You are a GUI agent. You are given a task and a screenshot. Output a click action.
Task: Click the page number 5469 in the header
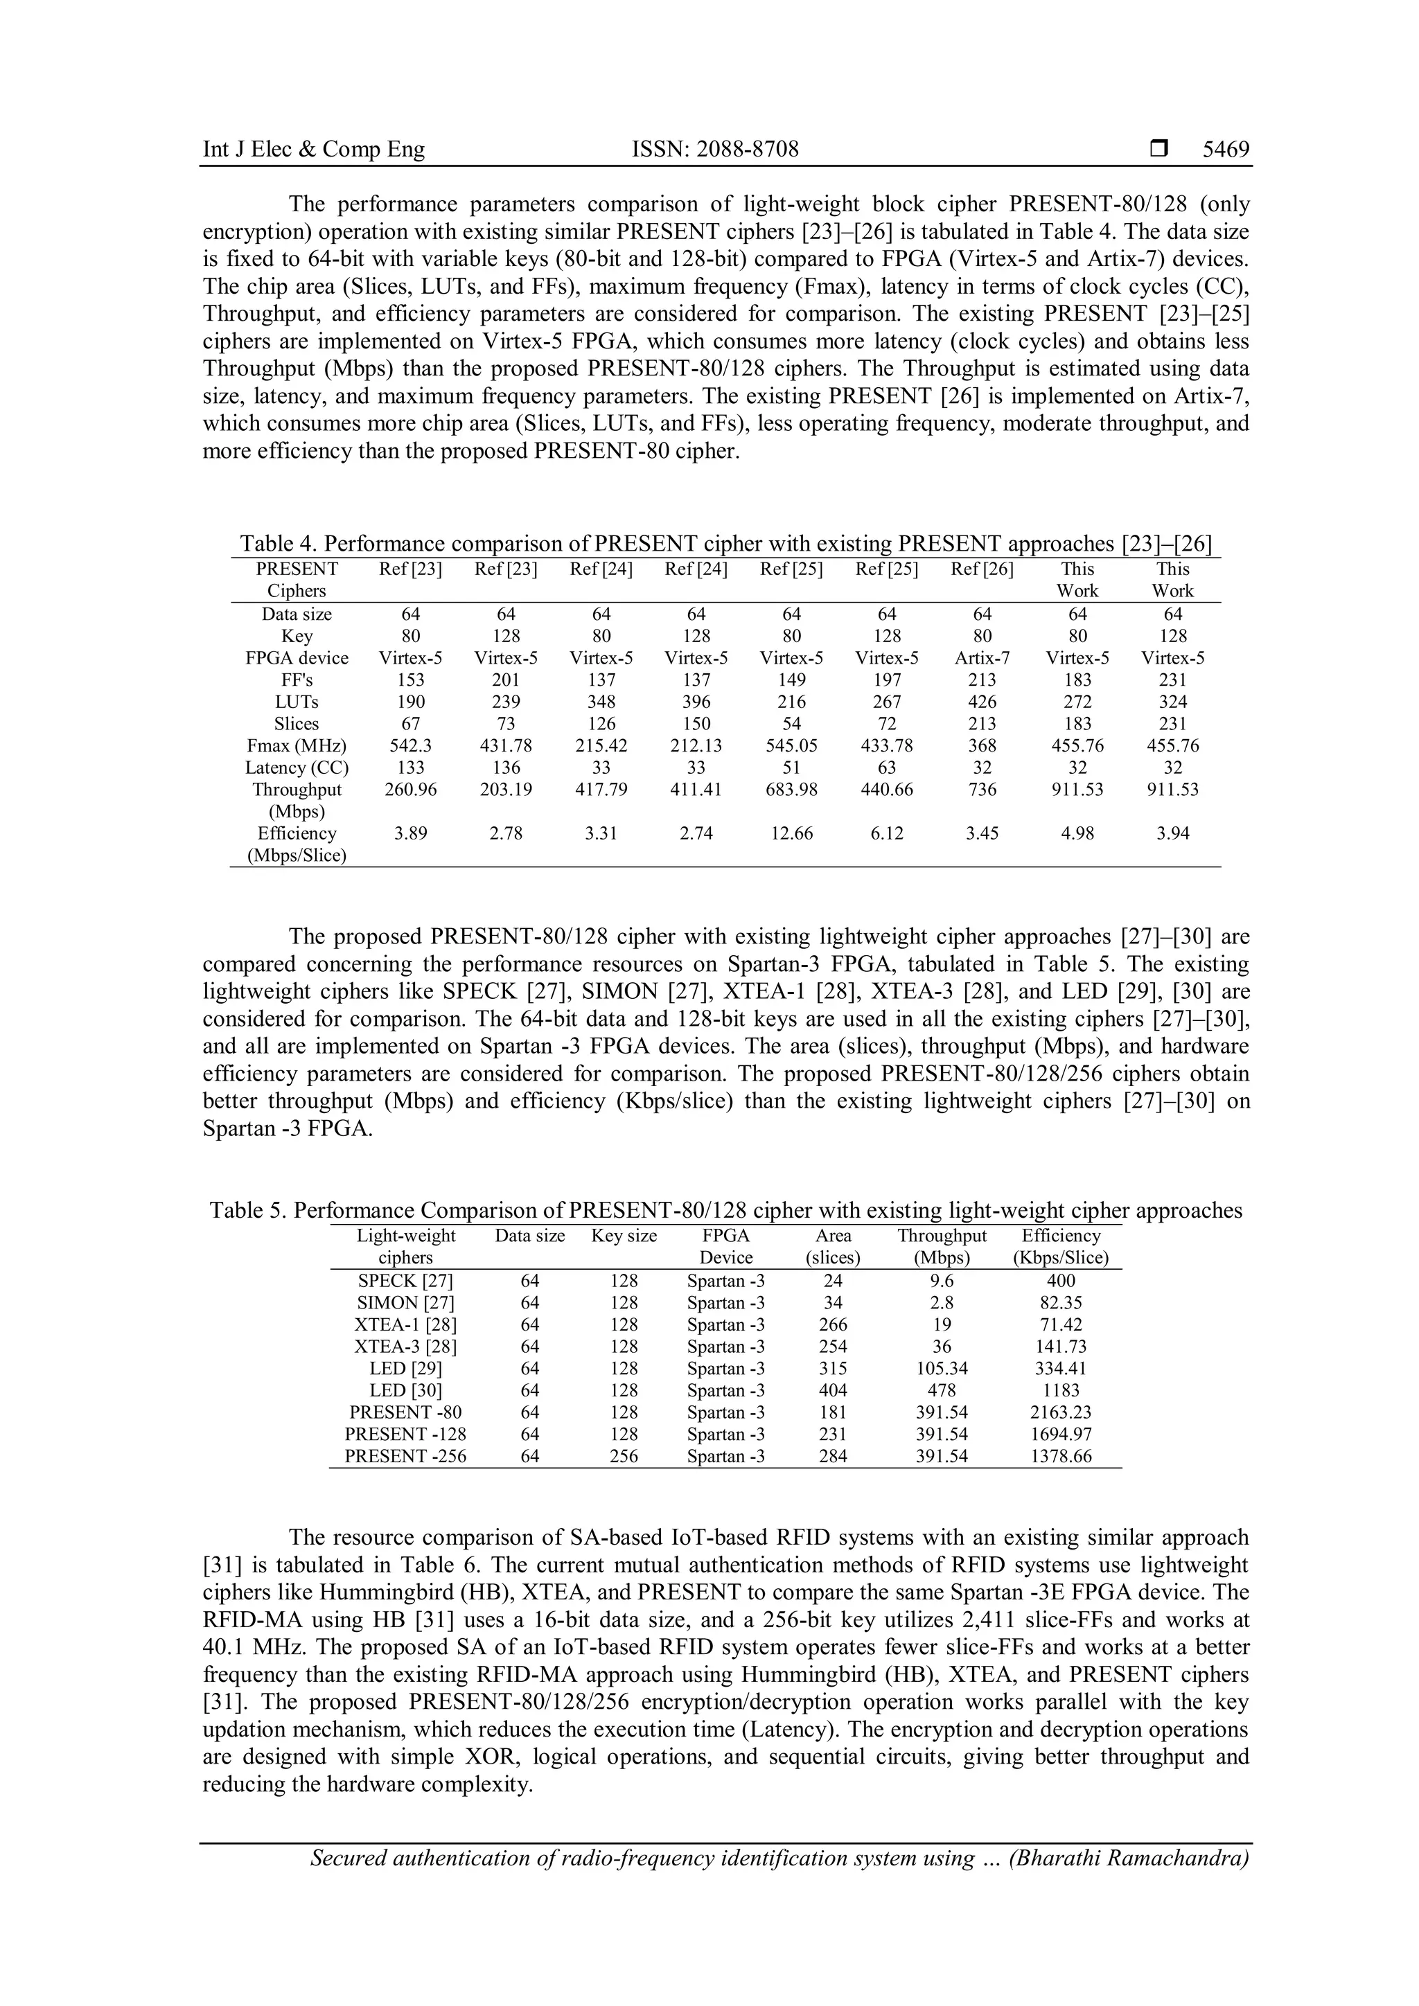1225,150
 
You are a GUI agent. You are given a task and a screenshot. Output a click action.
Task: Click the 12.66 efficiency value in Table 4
791,833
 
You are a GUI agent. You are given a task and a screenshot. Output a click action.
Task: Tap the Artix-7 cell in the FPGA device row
981,658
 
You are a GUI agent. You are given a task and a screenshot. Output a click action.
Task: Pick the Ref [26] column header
981,569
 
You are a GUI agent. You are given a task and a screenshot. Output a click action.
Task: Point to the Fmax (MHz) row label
297,746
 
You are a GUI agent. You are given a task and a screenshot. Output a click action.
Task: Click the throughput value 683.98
791,790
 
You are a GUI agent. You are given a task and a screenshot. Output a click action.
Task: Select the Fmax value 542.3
409,746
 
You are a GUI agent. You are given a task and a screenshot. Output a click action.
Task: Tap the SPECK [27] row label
405,1281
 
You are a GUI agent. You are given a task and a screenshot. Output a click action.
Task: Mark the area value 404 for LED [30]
833,1391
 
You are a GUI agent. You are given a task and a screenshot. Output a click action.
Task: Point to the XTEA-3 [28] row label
405,1347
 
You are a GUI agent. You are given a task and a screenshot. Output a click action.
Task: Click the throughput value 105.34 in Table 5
941,1369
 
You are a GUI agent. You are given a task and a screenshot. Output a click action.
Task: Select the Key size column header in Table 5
624,1236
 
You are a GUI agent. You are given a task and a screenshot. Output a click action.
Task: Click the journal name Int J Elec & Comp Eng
314,150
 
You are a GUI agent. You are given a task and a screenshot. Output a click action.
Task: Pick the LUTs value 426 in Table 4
981,702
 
